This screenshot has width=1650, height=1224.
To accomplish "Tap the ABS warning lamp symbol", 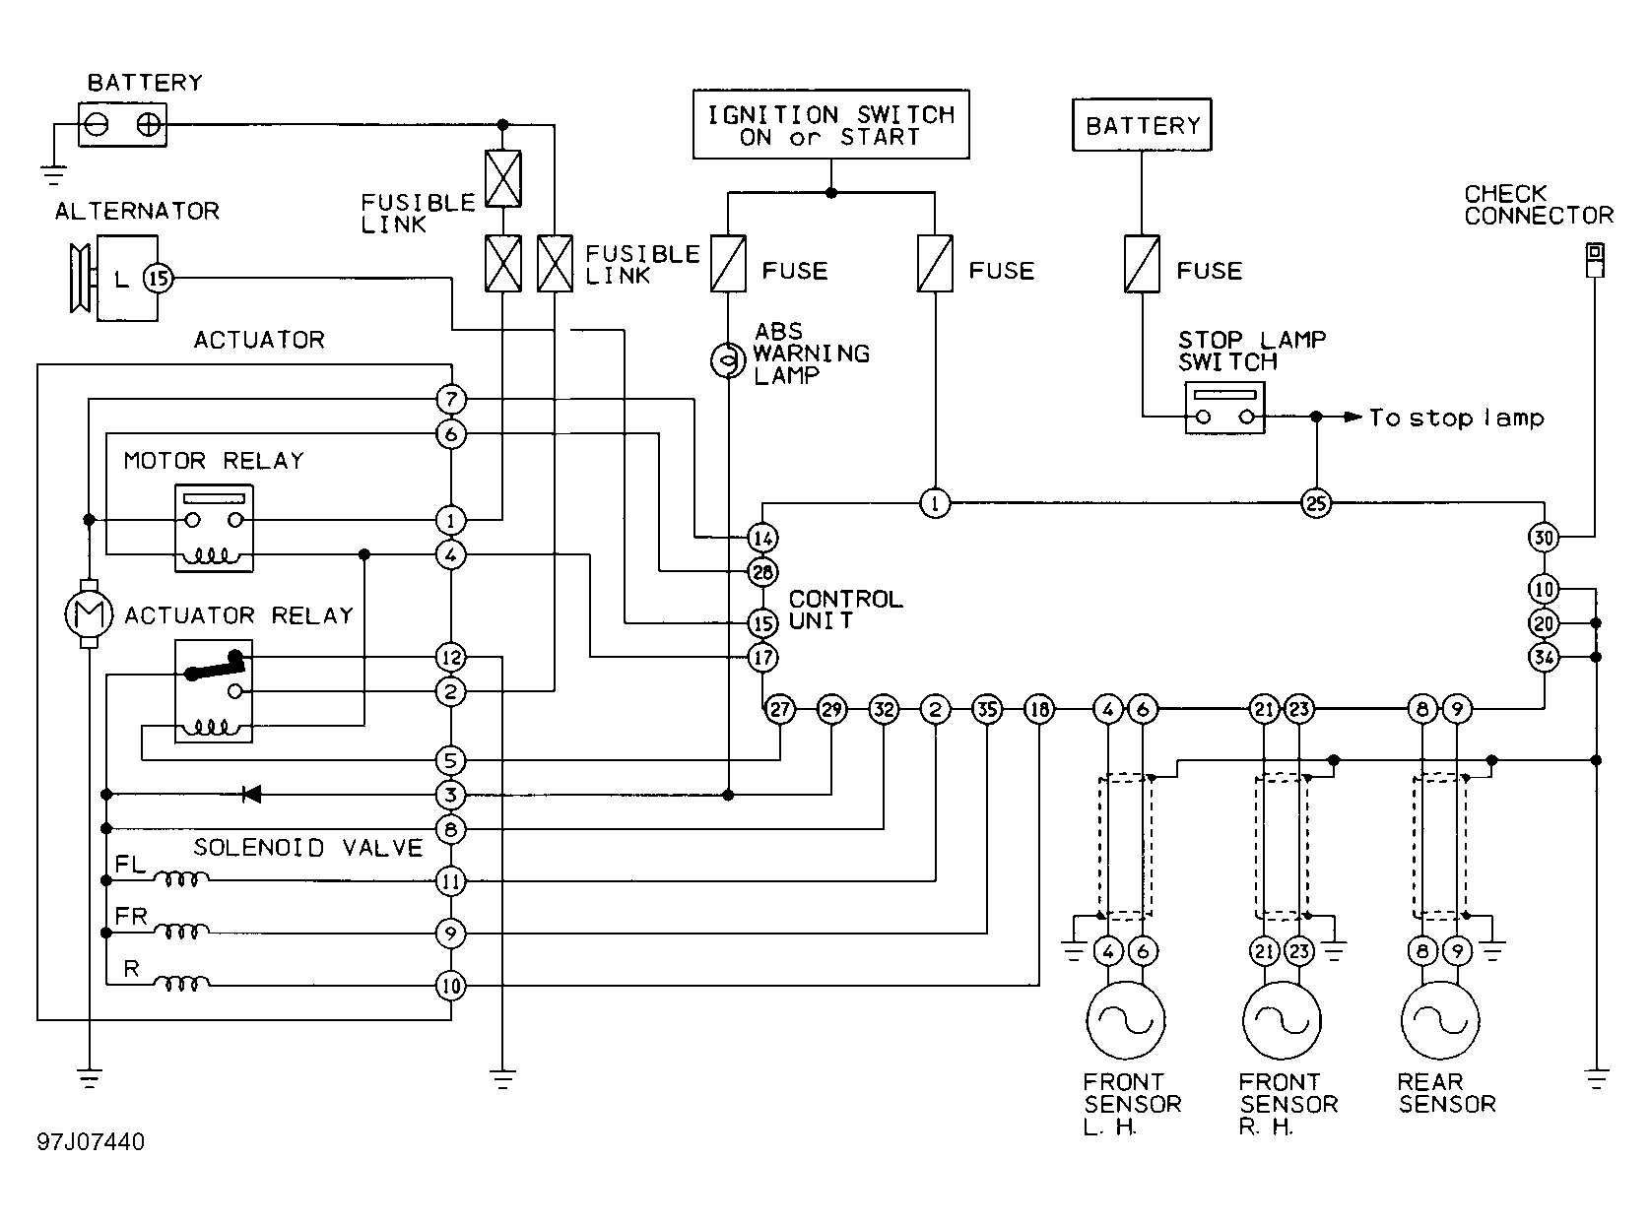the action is click(x=728, y=360).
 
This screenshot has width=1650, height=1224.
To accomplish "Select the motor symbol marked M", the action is click(x=90, y=614).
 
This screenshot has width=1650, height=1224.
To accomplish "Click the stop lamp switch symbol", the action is click(x=1224, y=408).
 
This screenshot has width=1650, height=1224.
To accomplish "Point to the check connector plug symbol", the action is click(x=1594, y=260).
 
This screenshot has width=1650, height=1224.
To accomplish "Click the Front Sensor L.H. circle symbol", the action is click(x=1126, y=1019).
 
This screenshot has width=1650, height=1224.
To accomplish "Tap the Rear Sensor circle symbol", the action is click(x=1440, y=1019).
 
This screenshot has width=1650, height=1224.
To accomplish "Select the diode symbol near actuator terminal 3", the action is click(x=251, y=795).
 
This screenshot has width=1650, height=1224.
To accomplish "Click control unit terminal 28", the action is click(x=762, y=572).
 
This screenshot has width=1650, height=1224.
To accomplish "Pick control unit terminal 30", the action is click(x=1544, y=538).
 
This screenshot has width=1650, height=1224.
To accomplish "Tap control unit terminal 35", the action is click(x=987, y=709).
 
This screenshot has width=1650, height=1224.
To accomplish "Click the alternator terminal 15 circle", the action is click(x=158, y=279).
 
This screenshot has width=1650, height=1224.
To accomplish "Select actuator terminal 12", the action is click(x=451, y=658).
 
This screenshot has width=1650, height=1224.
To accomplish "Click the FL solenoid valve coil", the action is click(x=181, y=879).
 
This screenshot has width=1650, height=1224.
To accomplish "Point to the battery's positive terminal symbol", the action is click(x=149, y=124).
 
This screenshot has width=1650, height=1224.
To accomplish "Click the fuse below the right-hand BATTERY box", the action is click(x=1142, y=264).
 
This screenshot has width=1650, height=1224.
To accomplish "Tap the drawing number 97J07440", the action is click(x=91, y=1141).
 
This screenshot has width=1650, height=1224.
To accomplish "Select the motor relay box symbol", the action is click(x=214, y=529).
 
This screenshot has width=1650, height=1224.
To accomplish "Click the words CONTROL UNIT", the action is click(x=846, y=610).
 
